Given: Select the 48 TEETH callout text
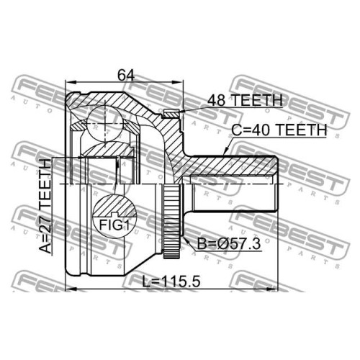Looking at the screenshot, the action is [x=245, y=100].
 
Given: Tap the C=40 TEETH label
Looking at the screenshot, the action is [x=279, y=130].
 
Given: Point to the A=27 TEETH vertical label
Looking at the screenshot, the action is [x=45, y=207].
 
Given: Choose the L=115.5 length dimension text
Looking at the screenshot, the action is [x=171, y=282].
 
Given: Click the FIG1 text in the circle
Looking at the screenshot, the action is [x=114, y=225].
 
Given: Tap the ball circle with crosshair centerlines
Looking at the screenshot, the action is [x=105, y=123].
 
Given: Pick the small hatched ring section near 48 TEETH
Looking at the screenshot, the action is [x=171, y=114].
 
